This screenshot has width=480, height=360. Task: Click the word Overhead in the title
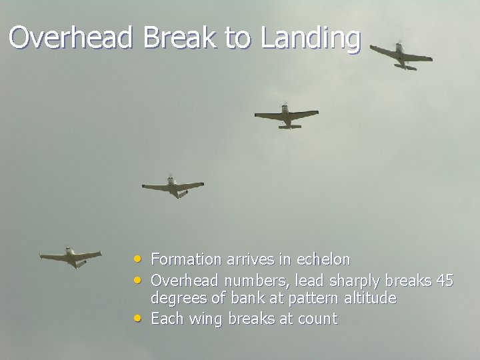(72, 38)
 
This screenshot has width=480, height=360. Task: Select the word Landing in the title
(311, 38)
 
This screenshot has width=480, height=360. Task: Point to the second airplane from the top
(286, 116)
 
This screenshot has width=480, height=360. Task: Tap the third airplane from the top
(173, 187)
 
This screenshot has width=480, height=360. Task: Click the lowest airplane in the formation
(70, 257)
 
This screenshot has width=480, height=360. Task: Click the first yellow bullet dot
(137, 257)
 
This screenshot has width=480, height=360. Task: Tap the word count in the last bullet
(317, 319)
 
